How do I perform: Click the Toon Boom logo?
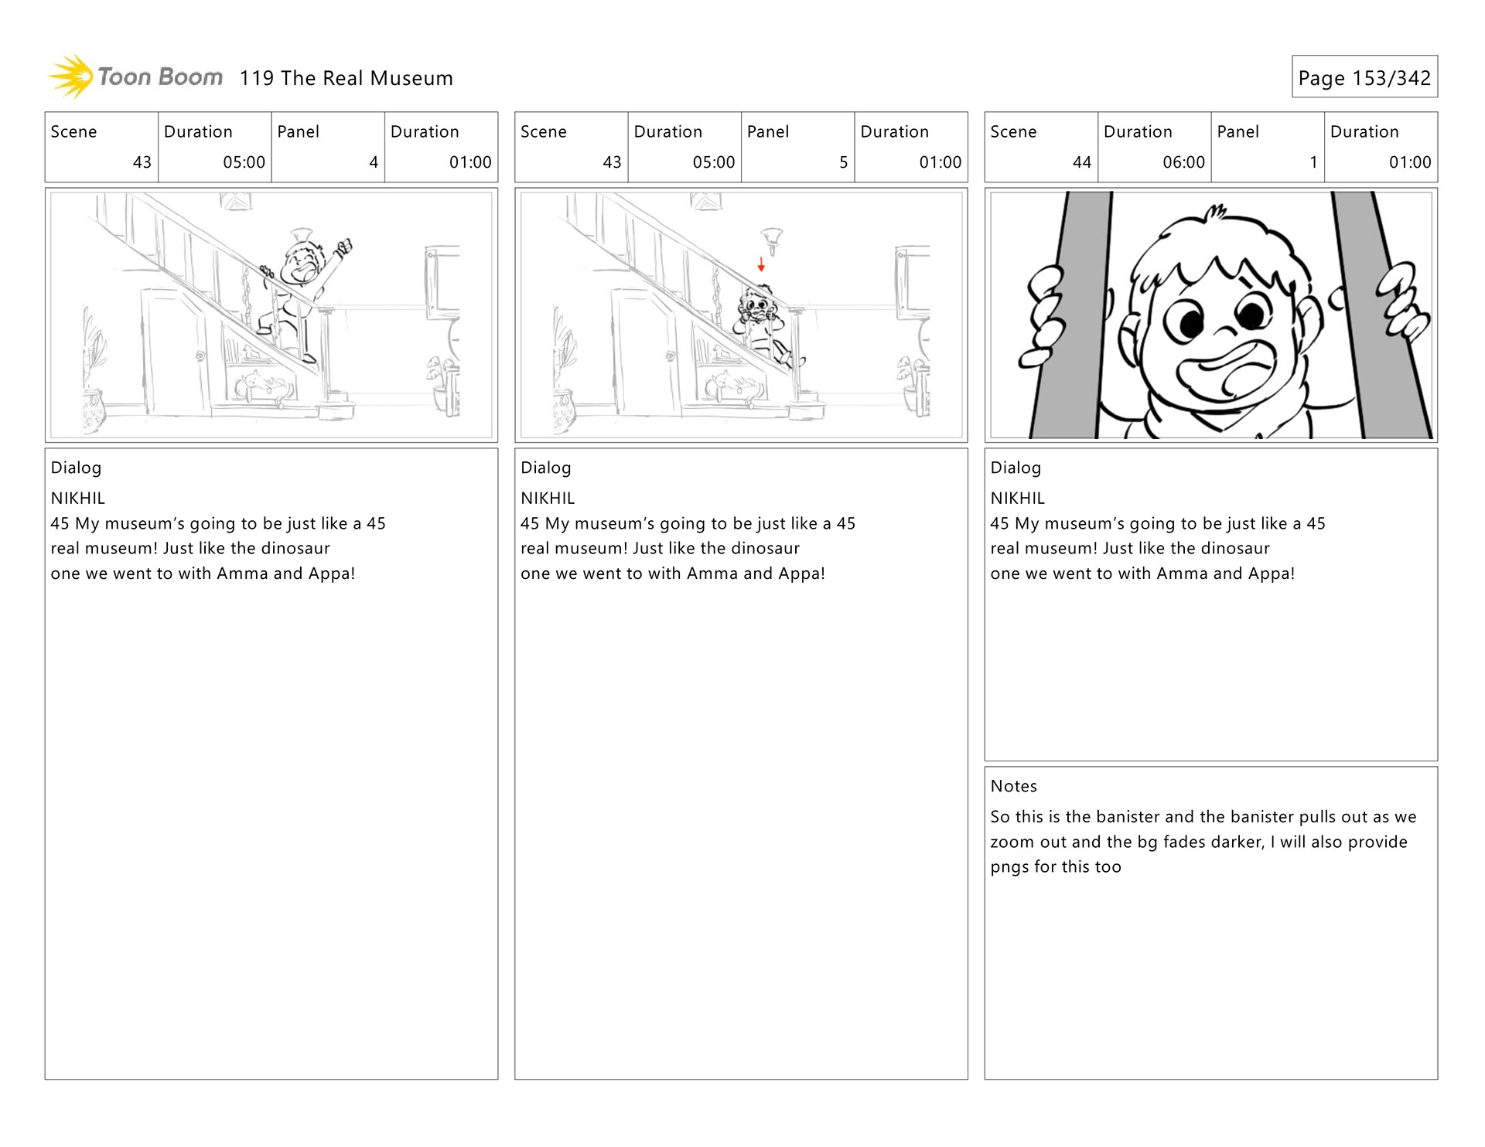point(136,77)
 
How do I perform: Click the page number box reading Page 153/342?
point(1364,77)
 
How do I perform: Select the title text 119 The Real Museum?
point(346,78)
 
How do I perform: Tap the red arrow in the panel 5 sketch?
point(761,264)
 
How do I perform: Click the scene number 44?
point(1081,162)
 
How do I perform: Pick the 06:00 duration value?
point(1183,162)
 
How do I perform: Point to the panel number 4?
point(374,162)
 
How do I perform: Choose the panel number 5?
point(843,162)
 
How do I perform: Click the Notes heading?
point(1013,786)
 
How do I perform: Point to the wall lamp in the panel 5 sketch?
point(772,237)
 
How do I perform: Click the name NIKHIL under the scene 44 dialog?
point(1017,499)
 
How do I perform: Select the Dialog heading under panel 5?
point(545,468)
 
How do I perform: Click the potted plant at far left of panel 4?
point(93,379)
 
